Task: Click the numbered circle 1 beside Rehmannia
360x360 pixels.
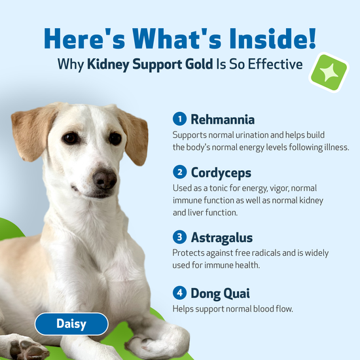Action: pyautogui.click(x=179, y=119)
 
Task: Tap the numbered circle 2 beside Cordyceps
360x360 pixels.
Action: pyautogui.click(x=179, y=173)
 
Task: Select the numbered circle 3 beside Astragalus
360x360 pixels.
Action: pyautogui.click(x=179, y=237)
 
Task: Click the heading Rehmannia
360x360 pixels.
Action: pyautogui.click(x=223, y=120)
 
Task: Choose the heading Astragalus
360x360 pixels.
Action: pyautogui.click(x=222, y=237)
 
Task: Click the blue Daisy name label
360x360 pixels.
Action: pyautogui.click(x=71, y=324)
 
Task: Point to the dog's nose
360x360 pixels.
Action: pyautogui.click(x=104, y=177)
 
